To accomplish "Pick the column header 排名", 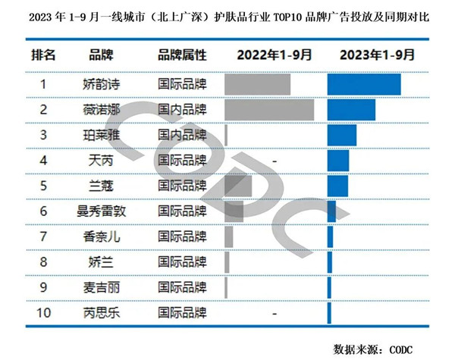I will pyautogui.click(x=43, y=55).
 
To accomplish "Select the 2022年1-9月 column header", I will pyautogui.click(x=273, y=55).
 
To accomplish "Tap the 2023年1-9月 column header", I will pyautogui.click(x=377, y=55).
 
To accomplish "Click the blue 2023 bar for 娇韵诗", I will pyautogui.click(x=364, y=84).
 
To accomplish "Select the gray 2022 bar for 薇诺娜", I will pyautogui.click(x=269, y=110).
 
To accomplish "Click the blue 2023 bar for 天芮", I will pyautogui.click(x=338, y=161).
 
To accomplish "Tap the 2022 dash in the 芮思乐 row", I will pyautogui.click(x=273, y=312).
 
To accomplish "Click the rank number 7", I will pyautogui.click(x=43, y=236).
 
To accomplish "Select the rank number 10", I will pyautogui.click(x=43, y=312).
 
